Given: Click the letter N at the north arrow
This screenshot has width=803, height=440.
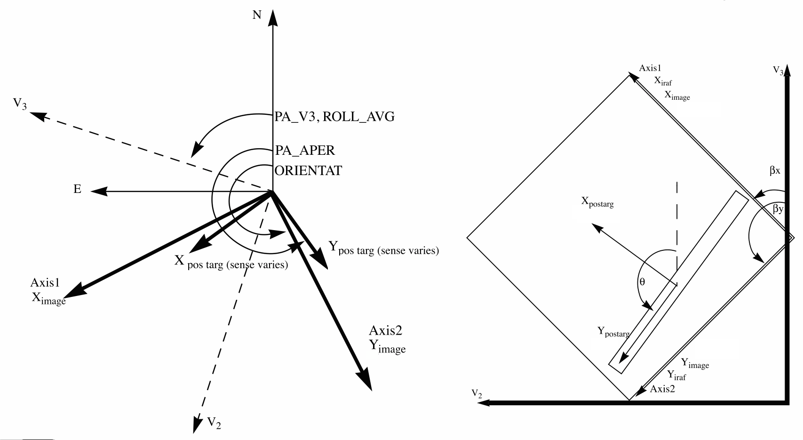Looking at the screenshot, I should tap(257, 15).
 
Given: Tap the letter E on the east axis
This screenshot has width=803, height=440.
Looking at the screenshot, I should tap(77, 189).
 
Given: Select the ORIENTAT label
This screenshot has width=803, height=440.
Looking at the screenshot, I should tap(308, 170).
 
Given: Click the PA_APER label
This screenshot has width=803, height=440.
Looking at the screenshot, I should tap(305, 151).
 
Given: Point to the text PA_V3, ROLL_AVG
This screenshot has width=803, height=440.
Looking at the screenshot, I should tap(334, 116).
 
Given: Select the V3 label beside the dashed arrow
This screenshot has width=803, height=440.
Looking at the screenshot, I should tap(20, 104).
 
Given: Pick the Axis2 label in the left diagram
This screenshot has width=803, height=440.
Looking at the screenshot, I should tap(385, 330).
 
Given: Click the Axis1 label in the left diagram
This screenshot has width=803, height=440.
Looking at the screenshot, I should tap(45, 282).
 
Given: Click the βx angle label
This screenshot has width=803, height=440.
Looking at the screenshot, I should tap(775, 171).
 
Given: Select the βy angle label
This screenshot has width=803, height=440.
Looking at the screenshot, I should tap(778, 208).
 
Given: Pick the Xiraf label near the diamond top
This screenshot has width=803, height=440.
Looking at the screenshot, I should tap(663, 81).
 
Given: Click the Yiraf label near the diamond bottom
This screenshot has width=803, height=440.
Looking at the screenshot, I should tap(676, 375).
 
